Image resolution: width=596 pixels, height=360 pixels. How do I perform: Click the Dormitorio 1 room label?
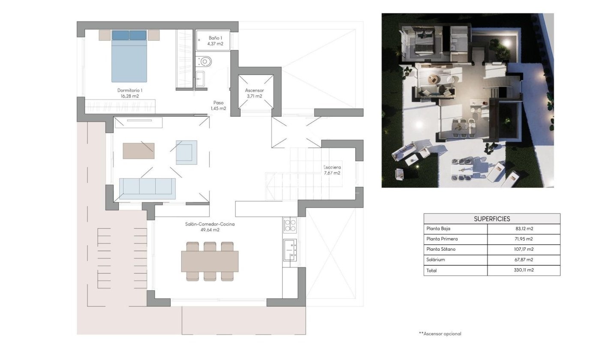130,93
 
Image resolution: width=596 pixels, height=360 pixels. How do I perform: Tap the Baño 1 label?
215,41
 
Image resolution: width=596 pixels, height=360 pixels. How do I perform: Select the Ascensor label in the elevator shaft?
254,93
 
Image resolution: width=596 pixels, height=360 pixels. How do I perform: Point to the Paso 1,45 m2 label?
218,105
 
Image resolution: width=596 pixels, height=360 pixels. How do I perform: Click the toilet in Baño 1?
204,62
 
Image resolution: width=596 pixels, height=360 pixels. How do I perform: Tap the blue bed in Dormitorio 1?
129,57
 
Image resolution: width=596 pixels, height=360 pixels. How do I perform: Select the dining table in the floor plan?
210,261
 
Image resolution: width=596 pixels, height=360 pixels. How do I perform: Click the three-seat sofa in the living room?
147,189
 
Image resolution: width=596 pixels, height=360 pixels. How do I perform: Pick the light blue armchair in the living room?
187,152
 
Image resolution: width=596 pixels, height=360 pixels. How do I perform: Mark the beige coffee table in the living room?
138,151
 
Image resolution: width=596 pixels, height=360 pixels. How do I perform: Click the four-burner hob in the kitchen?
290,225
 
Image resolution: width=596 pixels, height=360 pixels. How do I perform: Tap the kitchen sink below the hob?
290,249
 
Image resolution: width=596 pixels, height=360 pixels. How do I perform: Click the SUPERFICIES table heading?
492,219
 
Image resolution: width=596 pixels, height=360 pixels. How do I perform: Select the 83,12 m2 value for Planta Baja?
524,228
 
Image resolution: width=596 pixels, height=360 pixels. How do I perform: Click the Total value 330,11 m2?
524,270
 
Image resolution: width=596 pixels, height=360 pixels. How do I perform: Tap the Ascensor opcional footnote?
440,334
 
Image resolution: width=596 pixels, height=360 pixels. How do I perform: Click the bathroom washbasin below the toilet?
200,79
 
